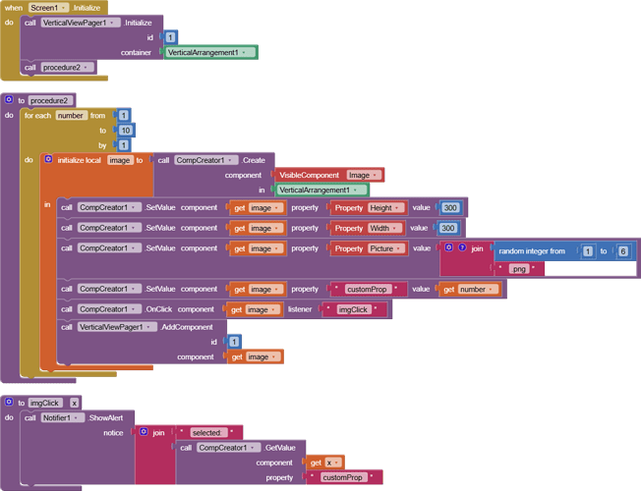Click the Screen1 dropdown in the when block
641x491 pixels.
pos(48,7)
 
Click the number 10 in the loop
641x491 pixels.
pos(125,131)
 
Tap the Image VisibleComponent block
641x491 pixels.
pos(363,175)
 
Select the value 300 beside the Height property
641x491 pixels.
pos(450,208)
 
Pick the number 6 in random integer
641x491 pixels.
pos(622,251)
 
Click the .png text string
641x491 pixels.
pos(519,267)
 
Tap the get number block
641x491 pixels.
pos(470,289)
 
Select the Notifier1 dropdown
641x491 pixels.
pos(64,417)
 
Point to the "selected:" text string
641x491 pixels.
pos(207,432)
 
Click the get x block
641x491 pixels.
pos(325,463)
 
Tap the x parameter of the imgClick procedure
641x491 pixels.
pos(74,403)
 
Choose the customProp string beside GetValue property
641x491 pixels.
pos(343,478)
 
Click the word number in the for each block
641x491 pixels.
pos(70,115)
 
